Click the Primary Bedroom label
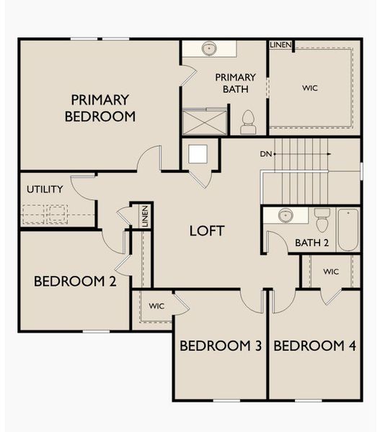(x=100, y=107)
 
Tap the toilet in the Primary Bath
(x=248, y=122)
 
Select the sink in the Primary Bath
(x=210, y=48)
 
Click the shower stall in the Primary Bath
(x=205, y=121)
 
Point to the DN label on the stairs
(x=266, y=154)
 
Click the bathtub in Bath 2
(x=348, y=229)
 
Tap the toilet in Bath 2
(x=322, y=219)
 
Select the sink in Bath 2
(x=286, y=216)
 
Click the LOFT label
(x=207, y=231)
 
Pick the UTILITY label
(x=45, y=189)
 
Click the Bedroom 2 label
(x=75, y=282)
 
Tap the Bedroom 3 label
(x=220, y=346)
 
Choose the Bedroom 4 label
(x=315, y=346)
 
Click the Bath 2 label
(x=311, y=243)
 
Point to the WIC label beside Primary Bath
(x=310, y=88)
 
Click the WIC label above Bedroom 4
(x=331, y=271)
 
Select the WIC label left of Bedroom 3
(x=156, y=306)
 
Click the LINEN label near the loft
(x=145, y=216)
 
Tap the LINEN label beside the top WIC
(x=280, y=45)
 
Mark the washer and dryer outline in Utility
(x=45, y=214)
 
